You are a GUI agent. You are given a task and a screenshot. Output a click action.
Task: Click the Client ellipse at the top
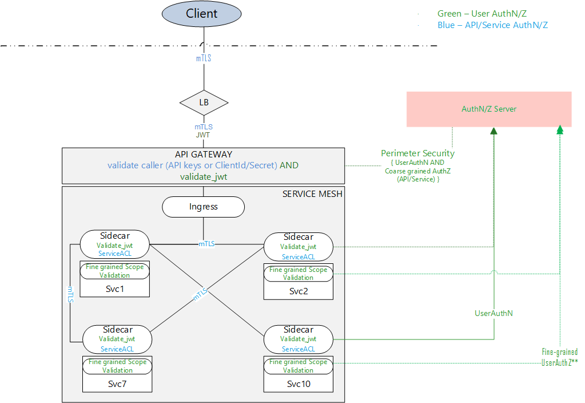click(202, 14)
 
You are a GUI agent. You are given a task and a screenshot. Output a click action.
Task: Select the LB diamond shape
click(204, 103)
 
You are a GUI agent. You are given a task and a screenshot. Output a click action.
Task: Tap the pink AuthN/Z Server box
click(489, 109)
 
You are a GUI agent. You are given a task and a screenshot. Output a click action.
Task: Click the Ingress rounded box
click(204, 207)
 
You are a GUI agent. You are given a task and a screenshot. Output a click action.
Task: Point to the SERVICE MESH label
click(312, 194)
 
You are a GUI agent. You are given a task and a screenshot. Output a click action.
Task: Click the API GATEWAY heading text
click(203, 155)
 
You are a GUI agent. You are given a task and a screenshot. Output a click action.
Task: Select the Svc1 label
click(115, 289)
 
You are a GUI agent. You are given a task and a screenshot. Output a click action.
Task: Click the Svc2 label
click(299, 291)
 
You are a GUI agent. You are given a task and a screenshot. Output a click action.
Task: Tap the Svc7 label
click(117, 384)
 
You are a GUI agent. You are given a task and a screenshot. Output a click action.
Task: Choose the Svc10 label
click(299, 384)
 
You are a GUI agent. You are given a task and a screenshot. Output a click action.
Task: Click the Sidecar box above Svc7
click(117, 339)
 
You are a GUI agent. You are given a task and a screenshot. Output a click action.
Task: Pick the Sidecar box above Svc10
click(299, 339)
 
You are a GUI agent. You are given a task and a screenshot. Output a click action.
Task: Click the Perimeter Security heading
click(417, 153)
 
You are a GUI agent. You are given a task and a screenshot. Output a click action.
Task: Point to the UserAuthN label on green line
click(494, 313)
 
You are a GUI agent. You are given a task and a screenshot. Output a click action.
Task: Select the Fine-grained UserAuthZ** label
click(559, 357)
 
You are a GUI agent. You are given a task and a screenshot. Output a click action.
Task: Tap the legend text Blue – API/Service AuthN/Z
click(493, 25)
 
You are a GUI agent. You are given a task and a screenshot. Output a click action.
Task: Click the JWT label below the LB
click(204, 136)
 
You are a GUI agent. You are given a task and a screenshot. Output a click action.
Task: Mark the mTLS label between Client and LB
click(204, 58)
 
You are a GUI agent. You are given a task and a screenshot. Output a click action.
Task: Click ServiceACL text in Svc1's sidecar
click(115, 253)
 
